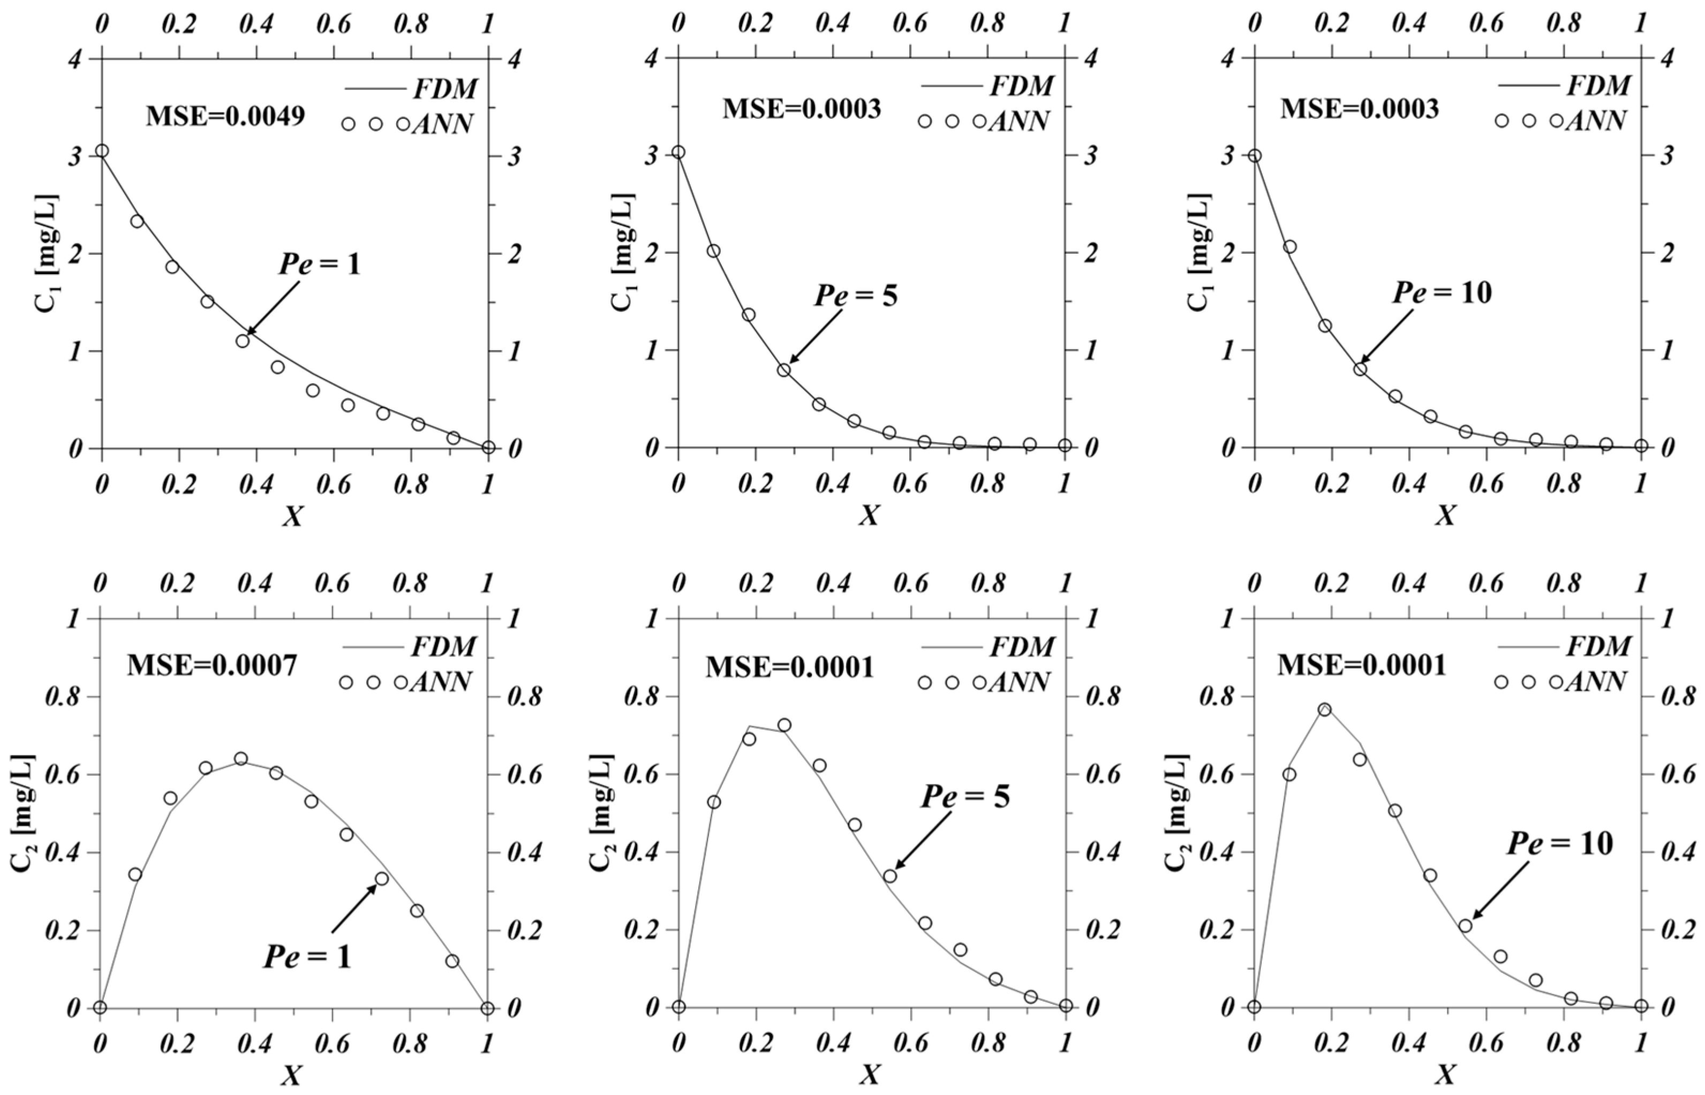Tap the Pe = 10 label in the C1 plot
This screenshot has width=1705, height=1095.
[1441, 292]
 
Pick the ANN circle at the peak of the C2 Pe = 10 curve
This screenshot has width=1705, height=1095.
[1324, 709]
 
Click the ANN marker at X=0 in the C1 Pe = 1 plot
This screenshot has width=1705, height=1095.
[102, 151]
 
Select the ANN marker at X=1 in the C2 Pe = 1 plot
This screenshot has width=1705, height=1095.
[487, 1008]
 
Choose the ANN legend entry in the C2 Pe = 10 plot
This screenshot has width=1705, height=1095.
[1562, 682]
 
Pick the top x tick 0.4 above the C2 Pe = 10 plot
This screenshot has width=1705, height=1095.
[1409, 583]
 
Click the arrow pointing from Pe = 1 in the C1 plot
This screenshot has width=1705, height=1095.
[274, 306]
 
